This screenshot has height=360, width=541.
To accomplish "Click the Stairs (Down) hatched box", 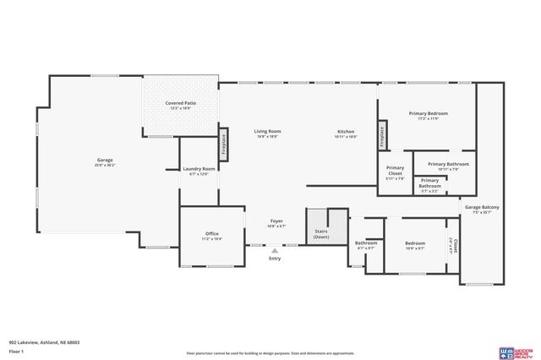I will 321,226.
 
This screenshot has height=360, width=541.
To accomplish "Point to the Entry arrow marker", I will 274,250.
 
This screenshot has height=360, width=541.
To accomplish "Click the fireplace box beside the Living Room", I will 224,143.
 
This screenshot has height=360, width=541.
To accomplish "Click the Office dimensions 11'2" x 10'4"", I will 212,239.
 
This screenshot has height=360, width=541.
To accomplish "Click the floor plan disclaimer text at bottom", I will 270,352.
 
